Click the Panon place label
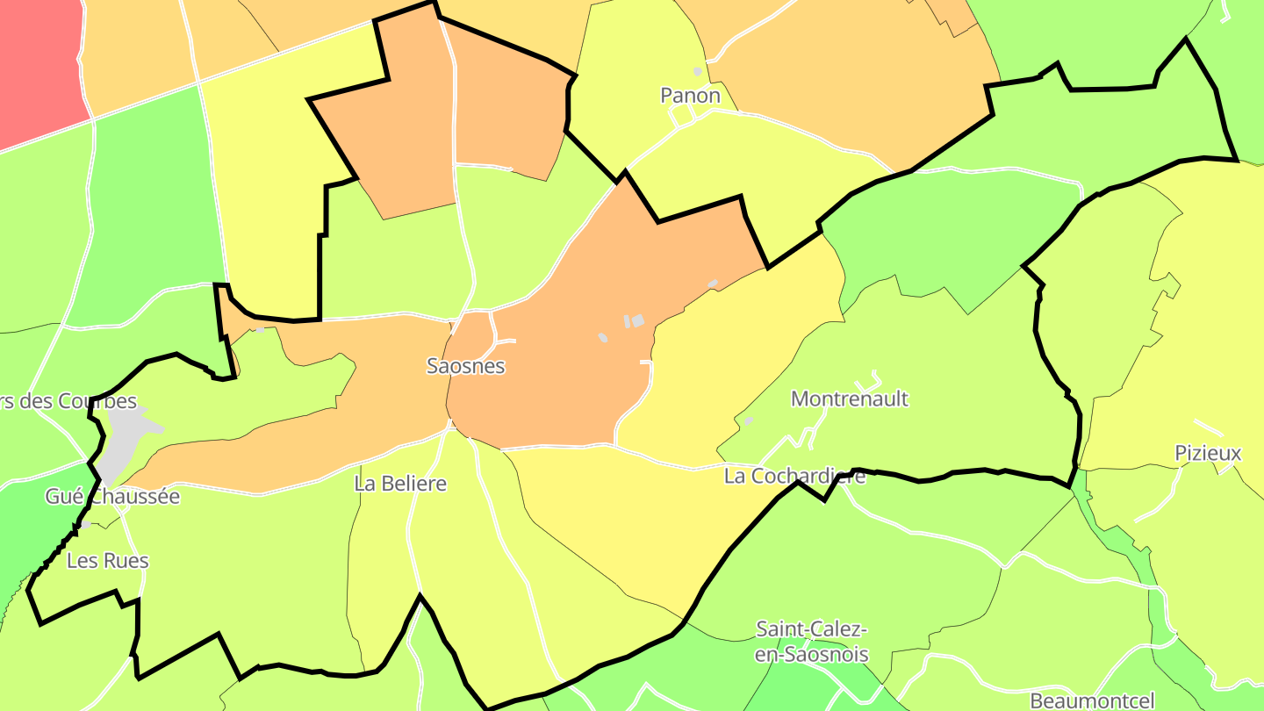point(690,96)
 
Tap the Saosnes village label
point(465,366)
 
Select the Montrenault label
point(849,399)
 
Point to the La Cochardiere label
point(794,476)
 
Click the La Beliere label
point(400,484)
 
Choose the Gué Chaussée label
point(112,497)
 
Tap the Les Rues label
point(108,561)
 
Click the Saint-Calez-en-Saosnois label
point(812,642)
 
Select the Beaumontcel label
point(1091,700)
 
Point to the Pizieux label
point(1208,453)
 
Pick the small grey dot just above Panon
point(698,71)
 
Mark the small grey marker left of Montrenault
point(748,420)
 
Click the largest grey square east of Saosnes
point(638,321)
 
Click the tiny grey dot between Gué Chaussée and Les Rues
point(86,525)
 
